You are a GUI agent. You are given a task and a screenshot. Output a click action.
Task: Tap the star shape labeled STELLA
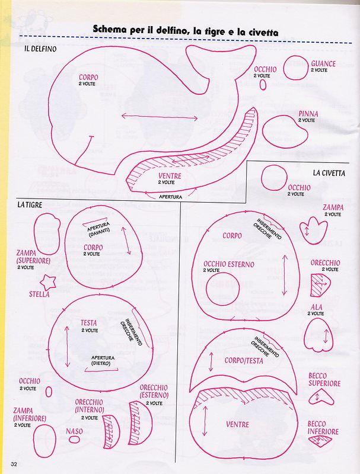(47, 281)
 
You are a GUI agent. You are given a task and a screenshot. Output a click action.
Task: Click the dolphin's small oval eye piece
(263, 85)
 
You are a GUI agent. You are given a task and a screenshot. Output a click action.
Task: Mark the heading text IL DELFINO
(40, 49)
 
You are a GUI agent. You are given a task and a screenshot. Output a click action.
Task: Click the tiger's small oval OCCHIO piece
(49, 391)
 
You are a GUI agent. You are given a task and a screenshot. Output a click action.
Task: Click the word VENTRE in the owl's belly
(238, 424)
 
